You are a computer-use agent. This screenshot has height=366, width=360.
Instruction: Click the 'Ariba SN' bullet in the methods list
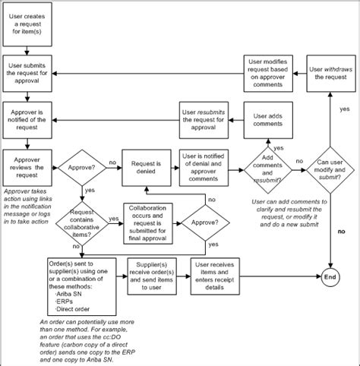[68, 295]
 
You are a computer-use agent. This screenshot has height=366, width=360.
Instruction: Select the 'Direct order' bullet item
[73, 310]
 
